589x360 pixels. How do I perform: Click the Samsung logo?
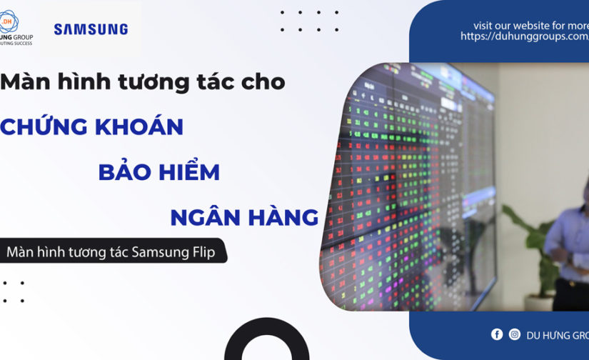point(91,29)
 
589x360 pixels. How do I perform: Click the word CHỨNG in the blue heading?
point(44,127)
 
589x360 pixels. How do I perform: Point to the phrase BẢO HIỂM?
point(158,172)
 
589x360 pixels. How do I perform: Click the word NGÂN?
point(203,217)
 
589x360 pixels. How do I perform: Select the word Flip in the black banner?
point(201,252)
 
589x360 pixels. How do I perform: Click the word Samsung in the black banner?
point(159,252)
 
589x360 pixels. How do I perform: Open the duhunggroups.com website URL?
point(524,36)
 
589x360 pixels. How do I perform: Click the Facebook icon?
point(497,334)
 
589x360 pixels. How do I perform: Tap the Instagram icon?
point(515,334)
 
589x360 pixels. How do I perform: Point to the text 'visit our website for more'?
point(530,25)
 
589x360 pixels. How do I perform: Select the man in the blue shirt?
point(568,250)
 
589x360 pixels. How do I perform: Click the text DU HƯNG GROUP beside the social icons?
point(558,335)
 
